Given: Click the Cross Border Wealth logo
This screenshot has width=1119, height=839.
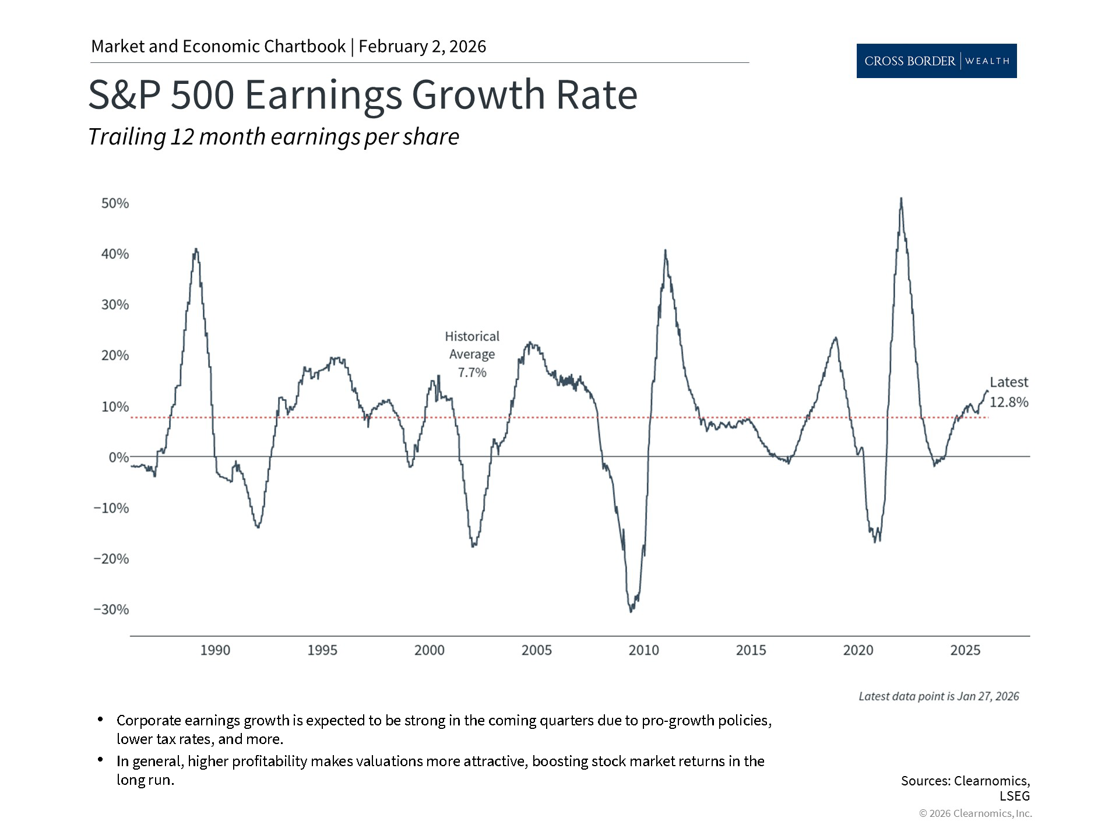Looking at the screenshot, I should [x=936, y=61].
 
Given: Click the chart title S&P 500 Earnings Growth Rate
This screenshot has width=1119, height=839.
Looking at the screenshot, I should [x=363, y=94].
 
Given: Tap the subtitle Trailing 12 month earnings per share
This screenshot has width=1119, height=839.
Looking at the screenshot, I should [x=273, y=137].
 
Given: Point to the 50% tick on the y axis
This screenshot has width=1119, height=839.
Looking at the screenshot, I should [x=115, y=203].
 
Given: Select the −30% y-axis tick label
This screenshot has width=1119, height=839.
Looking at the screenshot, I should [x=111, y=609].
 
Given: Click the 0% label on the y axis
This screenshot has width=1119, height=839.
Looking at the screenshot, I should [x=118, y=457].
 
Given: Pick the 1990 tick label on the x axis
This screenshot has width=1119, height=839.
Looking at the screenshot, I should [x=215, y=650].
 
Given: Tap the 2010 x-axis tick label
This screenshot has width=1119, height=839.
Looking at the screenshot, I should [x=643, y=650].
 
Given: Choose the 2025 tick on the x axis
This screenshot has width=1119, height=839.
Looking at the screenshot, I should [x=965, y=650].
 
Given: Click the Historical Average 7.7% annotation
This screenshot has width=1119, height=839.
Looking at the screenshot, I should [x=472, y=354].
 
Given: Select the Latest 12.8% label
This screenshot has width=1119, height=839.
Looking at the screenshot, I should [x=1009, y=392].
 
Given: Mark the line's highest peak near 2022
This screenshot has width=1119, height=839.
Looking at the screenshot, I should [x=901, y=199].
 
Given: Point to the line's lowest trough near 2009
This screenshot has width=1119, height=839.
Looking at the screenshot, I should [x=631, y=611].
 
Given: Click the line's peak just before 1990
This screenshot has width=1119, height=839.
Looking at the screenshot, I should [x=196, y=249].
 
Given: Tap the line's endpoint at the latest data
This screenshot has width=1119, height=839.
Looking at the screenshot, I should [x=987, y=391].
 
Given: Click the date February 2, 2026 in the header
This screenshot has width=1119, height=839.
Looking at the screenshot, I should [x=422, y=47].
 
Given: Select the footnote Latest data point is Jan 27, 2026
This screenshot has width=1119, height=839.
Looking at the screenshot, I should [x=938, y=696].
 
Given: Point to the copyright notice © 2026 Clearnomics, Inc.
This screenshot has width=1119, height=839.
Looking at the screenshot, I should [x=975, y=813].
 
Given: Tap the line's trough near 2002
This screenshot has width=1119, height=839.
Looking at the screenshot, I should [x=473, y=546].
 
